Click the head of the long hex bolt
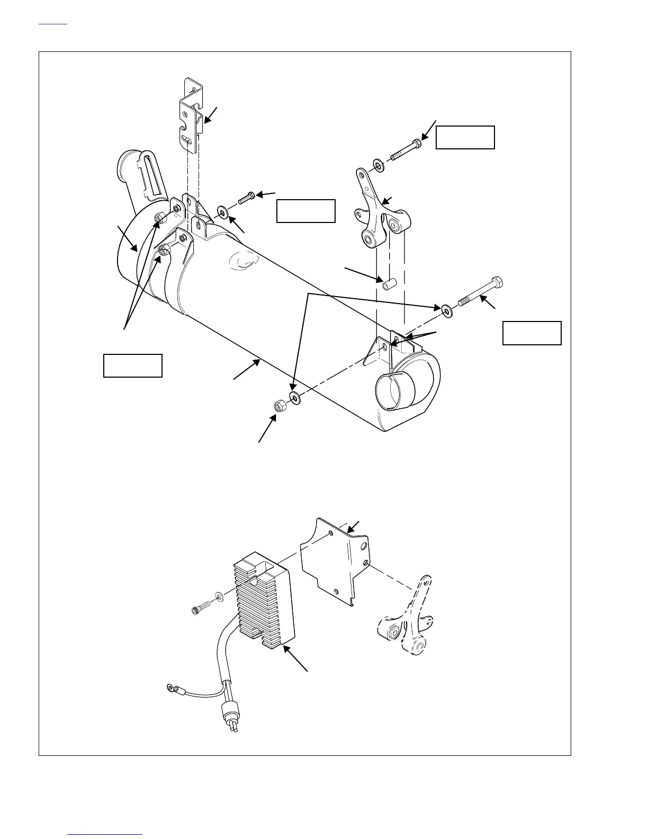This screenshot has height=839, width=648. [497, 281]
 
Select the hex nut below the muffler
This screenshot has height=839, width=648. [278, 406]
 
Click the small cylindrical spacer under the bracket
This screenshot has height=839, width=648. [387, 284]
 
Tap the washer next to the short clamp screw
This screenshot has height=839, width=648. [223, 213]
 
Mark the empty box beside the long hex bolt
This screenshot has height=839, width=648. [532, 333]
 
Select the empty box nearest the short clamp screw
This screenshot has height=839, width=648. [306, 211]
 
